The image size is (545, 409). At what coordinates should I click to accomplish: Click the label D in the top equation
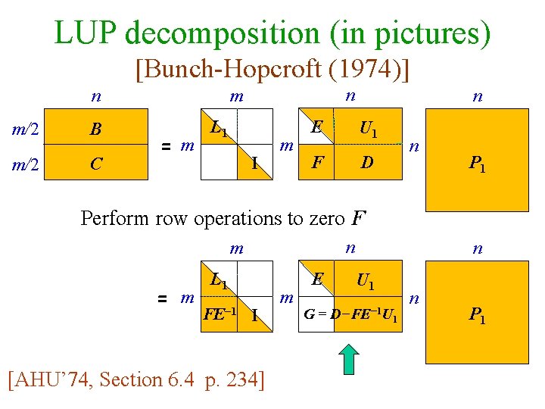[x=366, y=163]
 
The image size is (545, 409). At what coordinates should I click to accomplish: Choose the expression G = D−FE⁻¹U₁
[x=350, y=314]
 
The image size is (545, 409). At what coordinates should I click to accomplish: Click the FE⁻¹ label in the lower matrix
[x=220, y=314]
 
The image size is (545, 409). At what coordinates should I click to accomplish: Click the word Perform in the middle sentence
[x=115, y=219]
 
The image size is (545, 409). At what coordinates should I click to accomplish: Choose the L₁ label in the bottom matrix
[x=220, y=281]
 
